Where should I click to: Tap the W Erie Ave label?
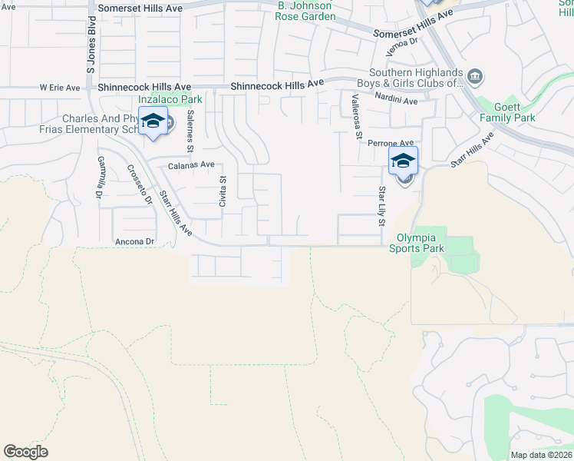click(x=60, y=88)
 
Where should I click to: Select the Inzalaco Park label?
click(x=170, y=99)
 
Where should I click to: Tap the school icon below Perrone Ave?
click(x=403, y=162)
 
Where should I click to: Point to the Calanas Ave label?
click(x=191, y=164)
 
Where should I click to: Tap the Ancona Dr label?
click(x=135, y=242)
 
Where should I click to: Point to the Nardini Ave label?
click(x=396, y=101)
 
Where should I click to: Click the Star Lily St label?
click(x=381, y=205)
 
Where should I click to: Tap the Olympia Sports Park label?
click(x=416, y=244)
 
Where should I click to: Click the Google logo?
click(x=25, y=452)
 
